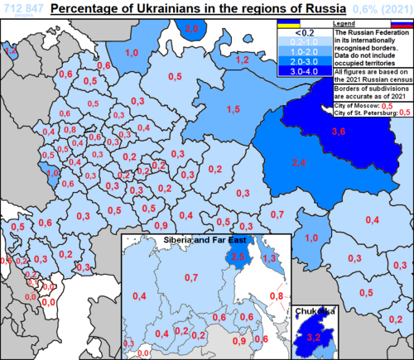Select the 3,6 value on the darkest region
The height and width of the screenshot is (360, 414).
click(x=339, y=131)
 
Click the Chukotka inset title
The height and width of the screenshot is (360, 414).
click(x=316, y=311)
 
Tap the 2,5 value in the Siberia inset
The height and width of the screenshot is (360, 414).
click(x=238, y=257)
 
